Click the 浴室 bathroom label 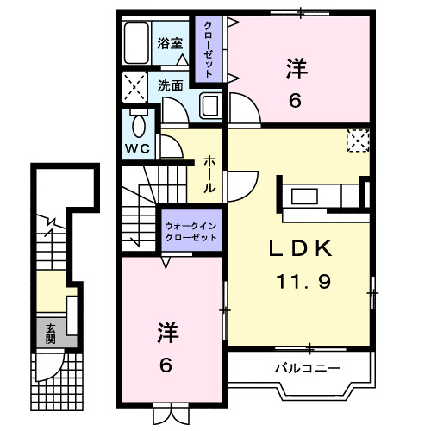tap(169, 42)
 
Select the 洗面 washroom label tap(170, 85)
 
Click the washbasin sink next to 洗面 tap(210, 106)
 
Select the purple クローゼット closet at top tap(207, 49)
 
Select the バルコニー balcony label tap(307, 368)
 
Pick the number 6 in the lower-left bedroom tap(165, 365)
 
